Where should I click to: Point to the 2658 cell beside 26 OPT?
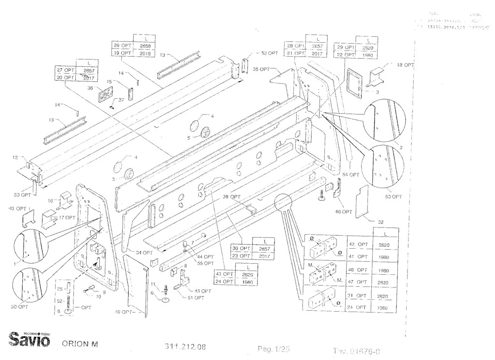pos(145,45)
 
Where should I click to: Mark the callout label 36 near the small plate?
pos(90,88)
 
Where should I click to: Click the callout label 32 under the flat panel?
pos(381,222)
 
